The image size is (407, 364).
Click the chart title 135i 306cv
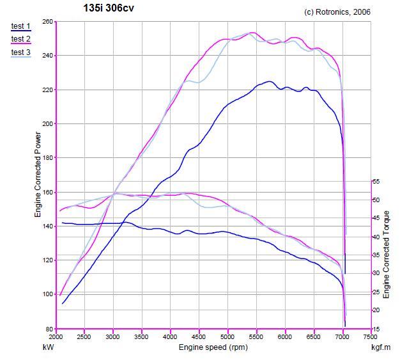[109, 8]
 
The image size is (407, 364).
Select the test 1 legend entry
[21, 26]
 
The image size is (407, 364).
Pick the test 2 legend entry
[21, 39]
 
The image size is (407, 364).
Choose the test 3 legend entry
[21, 52]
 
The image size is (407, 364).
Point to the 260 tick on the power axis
[48, 22]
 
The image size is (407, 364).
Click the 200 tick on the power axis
[48, 124]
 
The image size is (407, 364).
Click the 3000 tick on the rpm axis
[113, 337]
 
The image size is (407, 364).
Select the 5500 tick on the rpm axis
[256, 337]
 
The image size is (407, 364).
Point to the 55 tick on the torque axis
[376, 182]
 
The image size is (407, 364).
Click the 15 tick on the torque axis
[376, 329]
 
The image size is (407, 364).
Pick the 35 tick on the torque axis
[376, 255]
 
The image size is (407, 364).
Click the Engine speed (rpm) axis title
[213, 347]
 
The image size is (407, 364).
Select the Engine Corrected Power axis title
[38, 175]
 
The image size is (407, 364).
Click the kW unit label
[48, 347]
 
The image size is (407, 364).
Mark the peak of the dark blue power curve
[269, 81]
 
